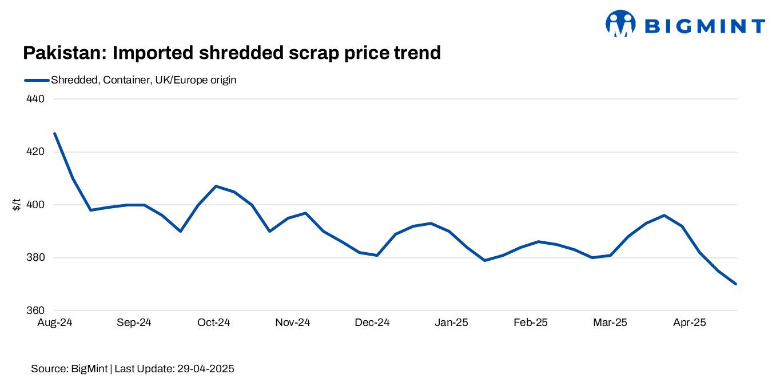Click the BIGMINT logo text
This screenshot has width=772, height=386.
705,26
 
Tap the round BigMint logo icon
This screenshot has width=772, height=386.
620,23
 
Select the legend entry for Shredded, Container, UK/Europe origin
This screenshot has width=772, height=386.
143,80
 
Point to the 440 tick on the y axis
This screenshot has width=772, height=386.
36,99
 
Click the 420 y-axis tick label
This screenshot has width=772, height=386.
36,152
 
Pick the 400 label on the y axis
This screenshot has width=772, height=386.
36,205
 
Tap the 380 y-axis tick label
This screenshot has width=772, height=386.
36,258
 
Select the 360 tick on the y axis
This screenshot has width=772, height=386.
36,311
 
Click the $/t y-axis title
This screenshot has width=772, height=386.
17,204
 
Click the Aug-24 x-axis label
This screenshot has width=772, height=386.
55,323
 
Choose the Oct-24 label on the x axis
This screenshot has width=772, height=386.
213,323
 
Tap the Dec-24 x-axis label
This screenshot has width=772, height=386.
372,323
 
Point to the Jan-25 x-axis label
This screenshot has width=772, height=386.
451,323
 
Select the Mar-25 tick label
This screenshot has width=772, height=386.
610,323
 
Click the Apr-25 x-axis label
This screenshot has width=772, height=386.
689,323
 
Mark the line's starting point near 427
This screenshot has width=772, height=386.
55,133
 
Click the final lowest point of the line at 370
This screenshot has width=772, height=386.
736,284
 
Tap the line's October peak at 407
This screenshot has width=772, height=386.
216,186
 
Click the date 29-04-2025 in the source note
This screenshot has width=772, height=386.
204,369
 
